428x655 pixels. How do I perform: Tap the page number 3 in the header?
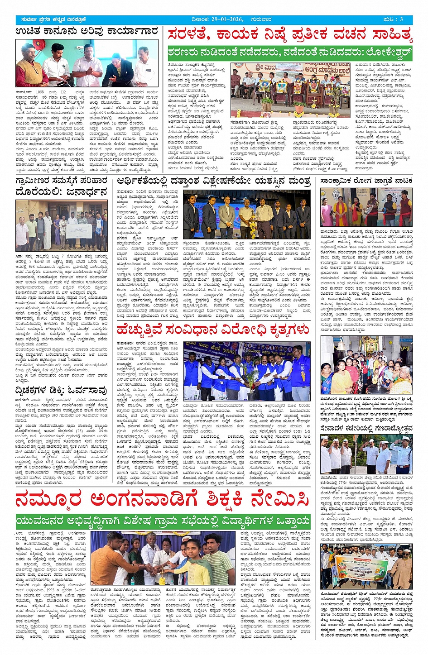401,19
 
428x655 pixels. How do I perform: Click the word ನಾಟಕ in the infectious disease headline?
402,181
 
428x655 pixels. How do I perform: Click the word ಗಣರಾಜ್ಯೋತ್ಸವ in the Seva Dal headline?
383,428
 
